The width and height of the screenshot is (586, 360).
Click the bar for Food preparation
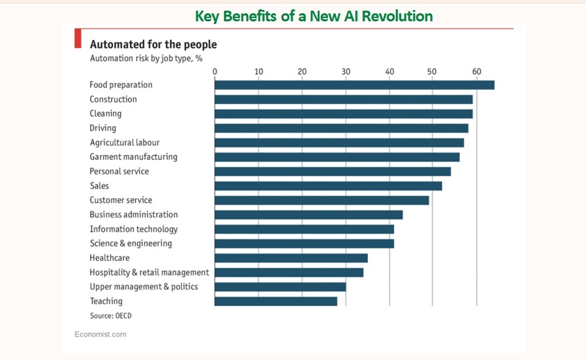354,85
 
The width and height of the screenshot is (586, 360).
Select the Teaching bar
275,301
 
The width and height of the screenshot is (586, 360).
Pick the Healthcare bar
291,258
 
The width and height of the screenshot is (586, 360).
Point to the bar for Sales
328,186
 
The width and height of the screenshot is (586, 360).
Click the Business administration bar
308,215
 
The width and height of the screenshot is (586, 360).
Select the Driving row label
103,128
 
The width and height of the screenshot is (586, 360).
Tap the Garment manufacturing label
133,157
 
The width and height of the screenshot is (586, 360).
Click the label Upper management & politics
143,287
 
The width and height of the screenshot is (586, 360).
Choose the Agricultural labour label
125,143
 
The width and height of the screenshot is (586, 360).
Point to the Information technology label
133,229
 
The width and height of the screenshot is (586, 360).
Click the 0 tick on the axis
215,71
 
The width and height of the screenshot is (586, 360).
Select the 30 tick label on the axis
345,71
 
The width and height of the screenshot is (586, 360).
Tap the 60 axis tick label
476,71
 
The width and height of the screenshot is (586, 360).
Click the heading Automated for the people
153,45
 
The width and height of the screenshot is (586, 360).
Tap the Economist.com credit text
100,334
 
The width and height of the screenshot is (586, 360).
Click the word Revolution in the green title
395,16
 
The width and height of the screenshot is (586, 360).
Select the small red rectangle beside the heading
77,39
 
